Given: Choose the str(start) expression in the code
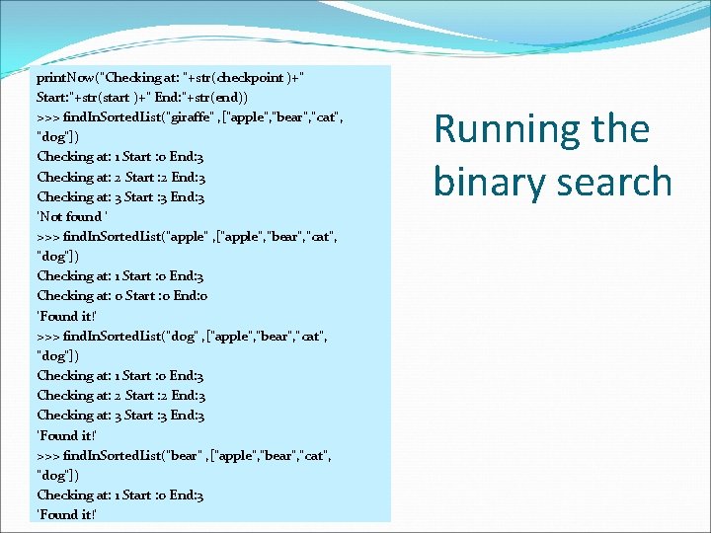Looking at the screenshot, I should pyautogui.click(x=109, y=97).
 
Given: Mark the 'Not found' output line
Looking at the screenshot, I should pyautogui.click(x=72, y=216).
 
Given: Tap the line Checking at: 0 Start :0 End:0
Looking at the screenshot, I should pyautogui.click(x=120, y=296).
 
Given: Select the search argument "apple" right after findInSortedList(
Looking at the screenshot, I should pyautogui.click(x=188, y=236).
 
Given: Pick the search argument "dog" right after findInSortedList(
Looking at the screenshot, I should pyautogui.click(x=184, y=336).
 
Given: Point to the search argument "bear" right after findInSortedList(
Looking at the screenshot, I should pyautogui.click(x=186, y=455).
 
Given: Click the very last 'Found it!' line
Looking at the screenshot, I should pyautogui.click(x=66, y=514).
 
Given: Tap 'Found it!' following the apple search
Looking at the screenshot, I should pyautogui.click(x=66, y=316).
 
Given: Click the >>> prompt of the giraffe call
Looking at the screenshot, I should pyautogui.click(x=47, y=116).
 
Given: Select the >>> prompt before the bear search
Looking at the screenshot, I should pyautogui.click(x=47, y=455).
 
